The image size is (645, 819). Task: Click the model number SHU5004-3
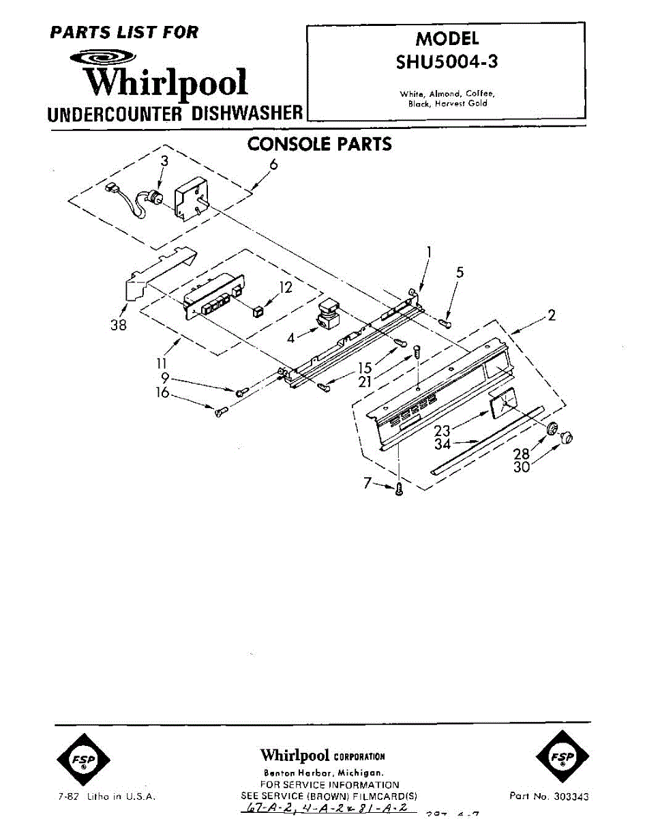click(x=447, y=62)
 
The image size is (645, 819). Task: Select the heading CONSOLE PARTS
click(x=319, y=144)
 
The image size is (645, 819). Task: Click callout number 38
click(x=119, y=325)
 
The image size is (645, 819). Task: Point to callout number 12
click(x=286, y=287)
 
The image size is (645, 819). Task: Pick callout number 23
click(x=443, y=431)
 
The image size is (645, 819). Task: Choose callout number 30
click(x=521, y=468)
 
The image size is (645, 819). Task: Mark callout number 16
click(x=162, y=393)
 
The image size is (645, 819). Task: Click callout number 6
click(x=274, y=164)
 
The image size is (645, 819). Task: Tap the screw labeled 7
click(x=399, y=487)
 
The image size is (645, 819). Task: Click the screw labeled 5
click(x=446, y=321)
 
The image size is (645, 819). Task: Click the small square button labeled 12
click(x=257, y=312)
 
